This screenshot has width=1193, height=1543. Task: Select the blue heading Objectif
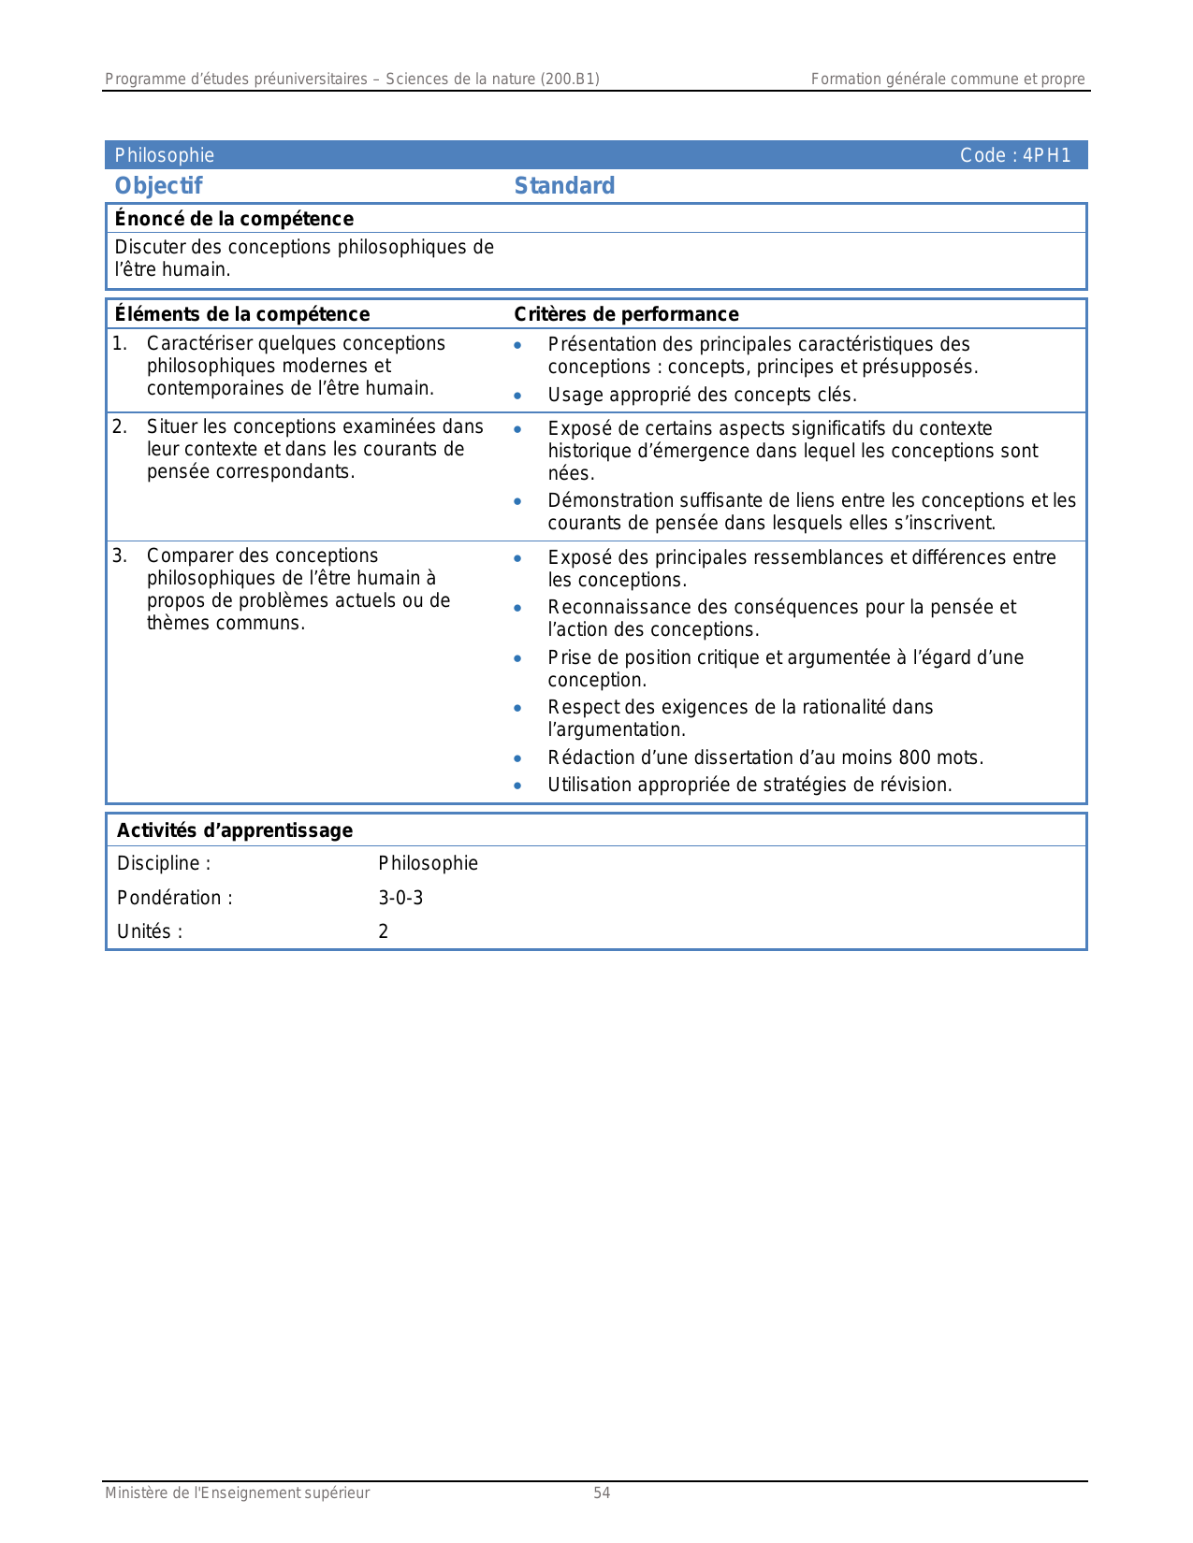click(x=158, y=185)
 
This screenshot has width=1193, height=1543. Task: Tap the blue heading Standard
click(x=564, y=185)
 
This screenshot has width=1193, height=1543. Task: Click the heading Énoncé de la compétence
click(x=234, y=219)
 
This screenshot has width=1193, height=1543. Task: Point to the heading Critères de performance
click(x=626, y=314)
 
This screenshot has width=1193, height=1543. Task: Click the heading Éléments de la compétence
click(x=241, y=314)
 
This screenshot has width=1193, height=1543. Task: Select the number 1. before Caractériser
click(x=120, y=343)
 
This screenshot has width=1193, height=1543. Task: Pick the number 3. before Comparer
click(x=120, y=555)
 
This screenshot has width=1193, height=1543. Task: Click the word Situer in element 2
click(x=172, y=426)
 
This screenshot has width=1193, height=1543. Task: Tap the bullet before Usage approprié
click(x=517, y=396)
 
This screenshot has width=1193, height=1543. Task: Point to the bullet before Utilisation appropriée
click(x=517, y=786)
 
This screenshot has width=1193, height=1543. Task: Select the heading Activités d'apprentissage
click(x=235, y=830)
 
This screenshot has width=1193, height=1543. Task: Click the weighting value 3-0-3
click(x=400, y=898)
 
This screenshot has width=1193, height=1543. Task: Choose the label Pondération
click(x=169, y=898)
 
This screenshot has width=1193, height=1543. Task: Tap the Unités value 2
click(x=384, y=931)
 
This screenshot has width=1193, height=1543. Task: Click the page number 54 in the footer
click(x=602, y=1493)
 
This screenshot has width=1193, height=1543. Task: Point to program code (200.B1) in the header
click(x=569, y=79)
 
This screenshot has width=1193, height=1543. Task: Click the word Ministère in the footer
click(x=136, y=1493)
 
